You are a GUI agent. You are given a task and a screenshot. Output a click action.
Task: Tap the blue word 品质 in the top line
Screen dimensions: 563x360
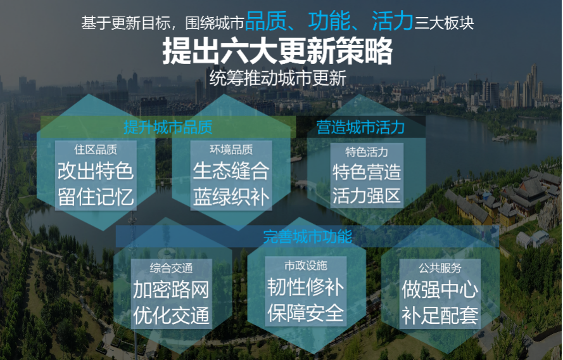click(266, 21)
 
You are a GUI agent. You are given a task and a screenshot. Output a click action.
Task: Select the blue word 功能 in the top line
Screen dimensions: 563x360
click(329, 21)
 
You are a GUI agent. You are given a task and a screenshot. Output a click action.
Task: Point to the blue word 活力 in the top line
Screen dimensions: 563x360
click(392, 21)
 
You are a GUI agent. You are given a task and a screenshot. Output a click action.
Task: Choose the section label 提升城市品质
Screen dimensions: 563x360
click(168, 127)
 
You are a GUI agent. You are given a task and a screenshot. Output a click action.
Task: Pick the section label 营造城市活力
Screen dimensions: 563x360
click(360, 127)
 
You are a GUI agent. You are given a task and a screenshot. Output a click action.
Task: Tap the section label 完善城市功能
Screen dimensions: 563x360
click(307, 236)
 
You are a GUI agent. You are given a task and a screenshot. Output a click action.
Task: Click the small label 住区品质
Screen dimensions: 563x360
click(96, 150)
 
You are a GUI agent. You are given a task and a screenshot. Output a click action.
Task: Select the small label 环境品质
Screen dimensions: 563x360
click(231, 150)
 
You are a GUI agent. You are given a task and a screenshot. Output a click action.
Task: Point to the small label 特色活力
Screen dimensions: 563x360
click(367, 152)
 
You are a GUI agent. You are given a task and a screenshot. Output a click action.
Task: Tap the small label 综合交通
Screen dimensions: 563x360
click(171, 268)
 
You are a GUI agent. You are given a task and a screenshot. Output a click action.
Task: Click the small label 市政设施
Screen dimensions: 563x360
click(305, 266)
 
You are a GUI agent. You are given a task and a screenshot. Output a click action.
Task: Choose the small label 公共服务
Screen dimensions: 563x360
click(440, 268)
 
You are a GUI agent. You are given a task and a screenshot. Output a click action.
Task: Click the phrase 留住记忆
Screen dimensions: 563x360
click(96, 196)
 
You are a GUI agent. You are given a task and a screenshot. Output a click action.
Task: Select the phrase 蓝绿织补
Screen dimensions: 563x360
click(231, 196)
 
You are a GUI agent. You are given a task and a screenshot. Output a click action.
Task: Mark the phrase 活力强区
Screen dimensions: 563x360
click(366, 196)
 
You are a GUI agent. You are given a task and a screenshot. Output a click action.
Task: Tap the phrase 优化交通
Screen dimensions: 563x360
click(171, 315)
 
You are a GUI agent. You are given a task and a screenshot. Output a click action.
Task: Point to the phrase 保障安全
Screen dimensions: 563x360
click(305, 312)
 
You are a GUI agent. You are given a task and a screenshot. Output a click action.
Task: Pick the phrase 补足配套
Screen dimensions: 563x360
click(440, 315)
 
